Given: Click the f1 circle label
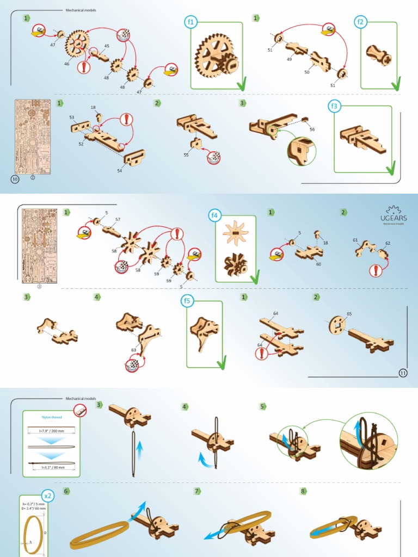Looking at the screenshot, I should tap(191, 22).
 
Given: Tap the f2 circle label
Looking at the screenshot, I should tap(360, 22).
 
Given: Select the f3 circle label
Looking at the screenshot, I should tap(334, 106).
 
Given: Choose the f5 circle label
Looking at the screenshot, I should tap(187, 301).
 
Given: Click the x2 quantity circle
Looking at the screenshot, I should tap(48, 496).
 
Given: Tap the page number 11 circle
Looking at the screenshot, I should tap(403, 373).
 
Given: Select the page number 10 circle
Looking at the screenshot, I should tap(15, 180).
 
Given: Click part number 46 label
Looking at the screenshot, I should tap(66, 64).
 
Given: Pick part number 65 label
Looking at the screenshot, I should tap(349, 314).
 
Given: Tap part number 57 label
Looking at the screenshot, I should tap(118, 219).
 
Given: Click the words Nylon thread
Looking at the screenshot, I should tap(52, 417).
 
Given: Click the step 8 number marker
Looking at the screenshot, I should tap(303, 491).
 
